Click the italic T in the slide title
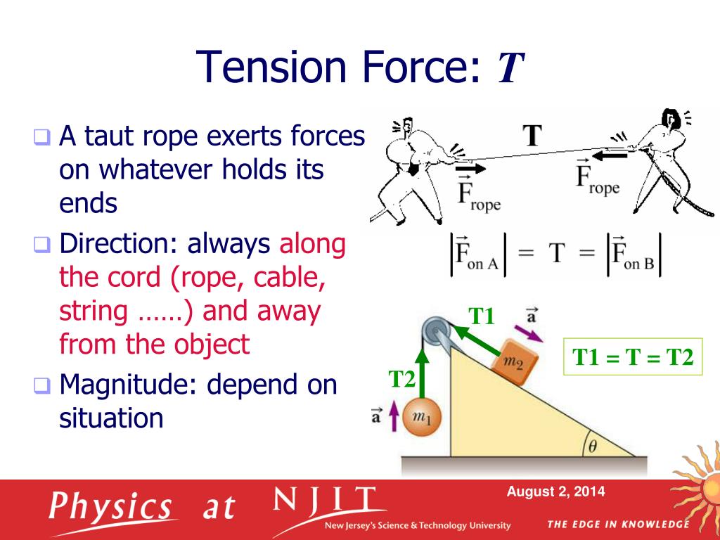tap(510, 67)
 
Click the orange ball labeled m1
tap(422, 418)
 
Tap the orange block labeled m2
tap(514, 363)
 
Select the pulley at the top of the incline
tap(435, 329)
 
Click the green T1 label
tap(482, 316)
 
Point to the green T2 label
tap(401, 379)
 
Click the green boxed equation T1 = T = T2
tap(633, 356)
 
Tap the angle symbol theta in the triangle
tap(592, 446)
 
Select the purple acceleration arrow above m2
tap(528, 333)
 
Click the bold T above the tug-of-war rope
tap(532, 135)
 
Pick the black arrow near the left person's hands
tap(470, 169)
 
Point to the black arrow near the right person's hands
tap(610, 155)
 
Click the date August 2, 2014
tap(555, 491)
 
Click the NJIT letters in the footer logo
tap(324, 500)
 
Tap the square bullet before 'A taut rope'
tap(41, 137)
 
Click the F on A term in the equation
tap(478, 255)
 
